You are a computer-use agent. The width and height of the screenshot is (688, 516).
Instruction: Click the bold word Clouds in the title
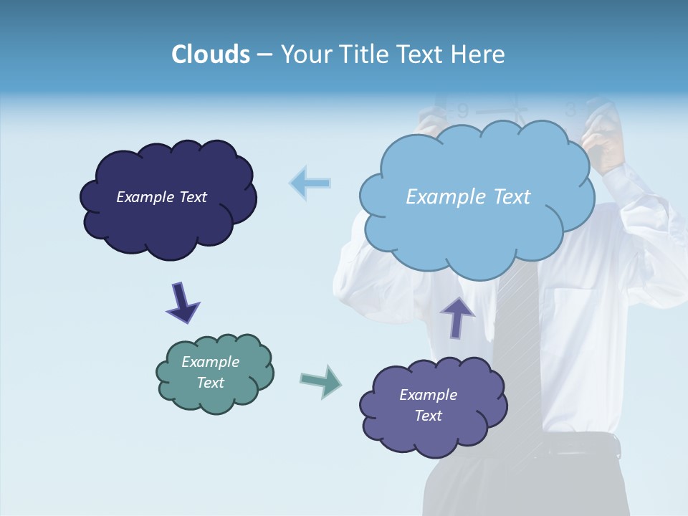click(210, 54)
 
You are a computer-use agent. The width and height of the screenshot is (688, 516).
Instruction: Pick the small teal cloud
click(214, 373)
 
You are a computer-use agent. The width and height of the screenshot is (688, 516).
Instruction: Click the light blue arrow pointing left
click(310, 183)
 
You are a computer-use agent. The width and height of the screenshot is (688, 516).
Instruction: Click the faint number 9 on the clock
click(463, 111)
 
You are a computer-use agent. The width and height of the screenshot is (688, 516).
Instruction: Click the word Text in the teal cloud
click(211, 383)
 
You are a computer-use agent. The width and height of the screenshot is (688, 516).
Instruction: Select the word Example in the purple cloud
click(428, 395)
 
